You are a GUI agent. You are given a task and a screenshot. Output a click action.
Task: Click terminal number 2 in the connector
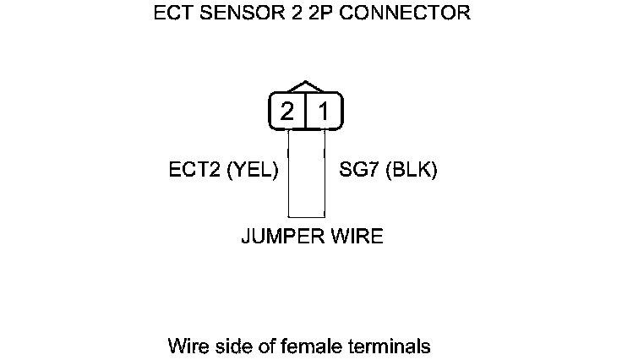coord(287,112)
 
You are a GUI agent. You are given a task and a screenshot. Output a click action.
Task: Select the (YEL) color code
coord(252,170)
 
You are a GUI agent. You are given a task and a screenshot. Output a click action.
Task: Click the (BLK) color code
coord(410,170)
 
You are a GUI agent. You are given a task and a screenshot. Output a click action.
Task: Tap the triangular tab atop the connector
coord(305,88)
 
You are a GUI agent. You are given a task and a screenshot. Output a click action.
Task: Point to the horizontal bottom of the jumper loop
coord(307,218)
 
